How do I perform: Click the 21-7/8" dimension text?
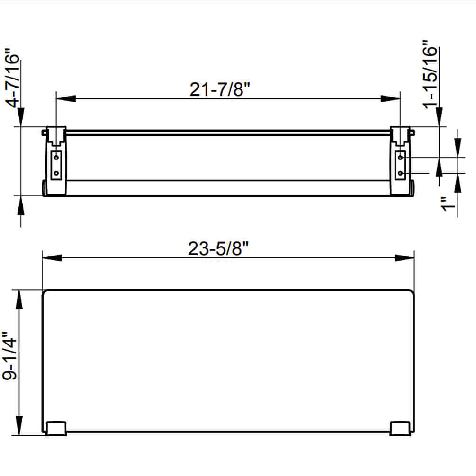click(x=219, y=89)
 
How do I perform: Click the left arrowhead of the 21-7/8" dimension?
click(x=66, y=98)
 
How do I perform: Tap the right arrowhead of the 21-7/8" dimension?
click(x=391, y=98)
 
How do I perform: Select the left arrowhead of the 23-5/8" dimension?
click(x=52, y=258)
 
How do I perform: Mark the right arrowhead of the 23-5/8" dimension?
click(x=404, y=258)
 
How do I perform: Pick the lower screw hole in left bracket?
click(x=56, y=173)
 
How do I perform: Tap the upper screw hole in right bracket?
click(x=401, y=157)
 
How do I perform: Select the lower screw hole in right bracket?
click(x=401, y=173)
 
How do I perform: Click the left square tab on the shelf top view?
click(x=56, y=428)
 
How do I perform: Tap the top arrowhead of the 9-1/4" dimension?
click(x=20, y=299)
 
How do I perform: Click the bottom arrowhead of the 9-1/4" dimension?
click(x=20, y=425)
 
